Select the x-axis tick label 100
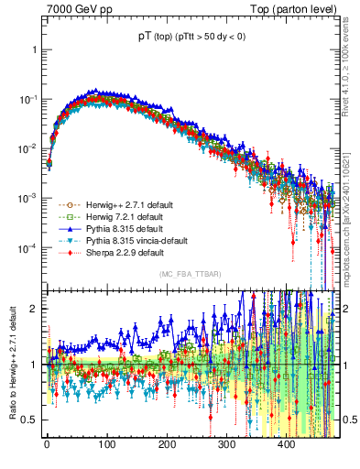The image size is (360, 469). pyautogui.click(x=106, y=444)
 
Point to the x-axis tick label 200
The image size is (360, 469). pyautogui.click(x=166, y=444)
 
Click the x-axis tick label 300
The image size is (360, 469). pyautogui.click(x=225, y=444)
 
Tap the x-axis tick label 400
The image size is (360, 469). pyautogui.click(x=286, y=444)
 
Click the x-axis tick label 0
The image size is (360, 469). pyautogui.click(x=47, y=444)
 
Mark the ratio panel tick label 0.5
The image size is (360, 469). pyautogui.click(x=29, y=420)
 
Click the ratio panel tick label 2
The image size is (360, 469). pyautogui.click(x=34, y=309)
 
